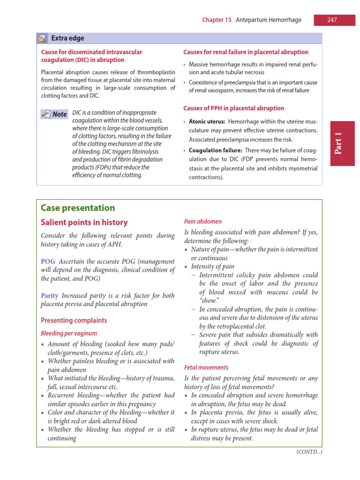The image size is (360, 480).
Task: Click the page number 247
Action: coord(332,20)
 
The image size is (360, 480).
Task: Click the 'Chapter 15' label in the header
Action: coord(217,20)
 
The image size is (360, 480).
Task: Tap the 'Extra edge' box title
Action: coord(67,38)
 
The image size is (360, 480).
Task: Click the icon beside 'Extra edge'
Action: coord(43,38)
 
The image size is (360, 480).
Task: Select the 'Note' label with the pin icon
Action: coord(54,114)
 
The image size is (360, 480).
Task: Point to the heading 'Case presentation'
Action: coord(78,208)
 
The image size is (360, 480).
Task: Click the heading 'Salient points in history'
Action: coord(84,222)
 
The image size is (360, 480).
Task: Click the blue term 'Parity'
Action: coord(50,296)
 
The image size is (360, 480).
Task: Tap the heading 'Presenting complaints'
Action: coord(74,321)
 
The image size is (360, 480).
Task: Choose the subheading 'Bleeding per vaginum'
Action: coord(69,333)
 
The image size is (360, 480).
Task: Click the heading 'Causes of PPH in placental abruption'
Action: coord(233,108)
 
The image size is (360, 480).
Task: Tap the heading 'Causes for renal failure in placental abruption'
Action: coord(246,52)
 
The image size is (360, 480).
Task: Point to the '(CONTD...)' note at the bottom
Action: coord(309,452)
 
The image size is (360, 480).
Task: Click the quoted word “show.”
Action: coord(209,301)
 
